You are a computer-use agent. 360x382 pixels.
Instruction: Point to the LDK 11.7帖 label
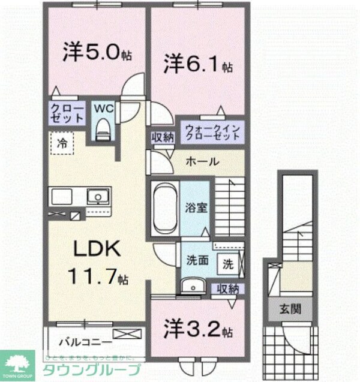point(98,262)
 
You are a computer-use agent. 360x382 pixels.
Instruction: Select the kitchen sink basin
point(95,196)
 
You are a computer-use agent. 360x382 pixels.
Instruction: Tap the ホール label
point(202,162)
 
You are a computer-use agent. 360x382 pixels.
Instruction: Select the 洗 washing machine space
point(229,262)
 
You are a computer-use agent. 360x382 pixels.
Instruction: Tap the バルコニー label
point(85,342)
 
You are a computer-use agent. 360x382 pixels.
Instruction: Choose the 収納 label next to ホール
point(163,137)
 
